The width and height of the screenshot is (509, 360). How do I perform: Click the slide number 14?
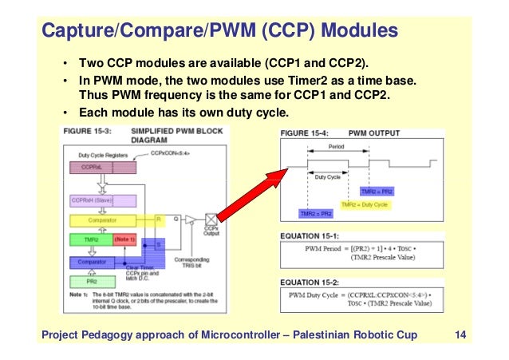point(460,333)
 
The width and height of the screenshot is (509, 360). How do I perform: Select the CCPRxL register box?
point(92,168)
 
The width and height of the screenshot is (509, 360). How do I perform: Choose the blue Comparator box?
point(103,260)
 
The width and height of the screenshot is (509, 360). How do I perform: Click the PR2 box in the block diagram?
point(92,281)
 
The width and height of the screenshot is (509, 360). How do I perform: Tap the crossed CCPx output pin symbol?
point(211,219)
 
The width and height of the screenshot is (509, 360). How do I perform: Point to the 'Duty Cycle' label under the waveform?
point(328,177)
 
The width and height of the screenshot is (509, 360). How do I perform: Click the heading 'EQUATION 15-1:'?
point(310,235)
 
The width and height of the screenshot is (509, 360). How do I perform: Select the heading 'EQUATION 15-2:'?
point(310,282)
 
